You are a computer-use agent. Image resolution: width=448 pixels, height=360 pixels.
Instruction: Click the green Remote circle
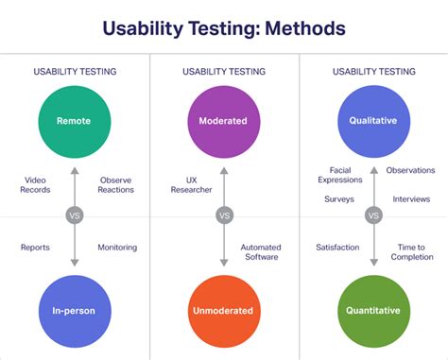[75, 121]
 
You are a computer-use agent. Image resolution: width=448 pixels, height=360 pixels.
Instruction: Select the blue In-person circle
[75, 310]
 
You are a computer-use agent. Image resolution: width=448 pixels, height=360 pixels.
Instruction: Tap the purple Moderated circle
[224, 121]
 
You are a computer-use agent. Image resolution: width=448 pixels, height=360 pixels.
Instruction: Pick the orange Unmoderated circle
[224, 310]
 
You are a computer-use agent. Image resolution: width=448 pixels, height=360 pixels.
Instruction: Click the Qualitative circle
[373, 121]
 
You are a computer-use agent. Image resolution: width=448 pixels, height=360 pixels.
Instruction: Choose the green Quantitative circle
[373, 310]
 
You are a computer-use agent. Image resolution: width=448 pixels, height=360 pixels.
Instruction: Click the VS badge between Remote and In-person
[75, 215]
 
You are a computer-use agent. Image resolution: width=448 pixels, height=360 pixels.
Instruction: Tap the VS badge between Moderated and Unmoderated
[224, 215]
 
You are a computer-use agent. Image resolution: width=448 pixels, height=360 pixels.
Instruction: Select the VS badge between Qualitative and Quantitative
[373, 215]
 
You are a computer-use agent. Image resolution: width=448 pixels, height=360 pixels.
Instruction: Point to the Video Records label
[35, 183]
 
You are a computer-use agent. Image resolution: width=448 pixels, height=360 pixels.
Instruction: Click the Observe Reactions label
[116, 183]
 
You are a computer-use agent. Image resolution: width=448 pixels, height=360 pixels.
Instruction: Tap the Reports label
[35, 248]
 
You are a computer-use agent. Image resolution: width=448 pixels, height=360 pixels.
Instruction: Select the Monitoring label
[117, 248]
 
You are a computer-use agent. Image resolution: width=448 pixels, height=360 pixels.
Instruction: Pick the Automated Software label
[261, 252]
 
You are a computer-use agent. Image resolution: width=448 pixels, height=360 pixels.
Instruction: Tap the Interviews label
[411, 199]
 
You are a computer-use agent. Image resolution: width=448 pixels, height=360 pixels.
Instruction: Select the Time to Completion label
[411, 252]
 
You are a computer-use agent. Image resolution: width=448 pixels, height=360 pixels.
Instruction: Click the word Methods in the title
[296, 28]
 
